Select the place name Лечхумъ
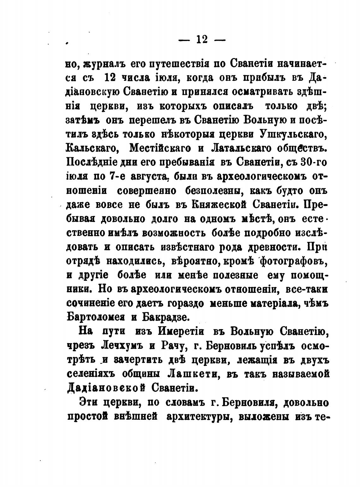[120, 345]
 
